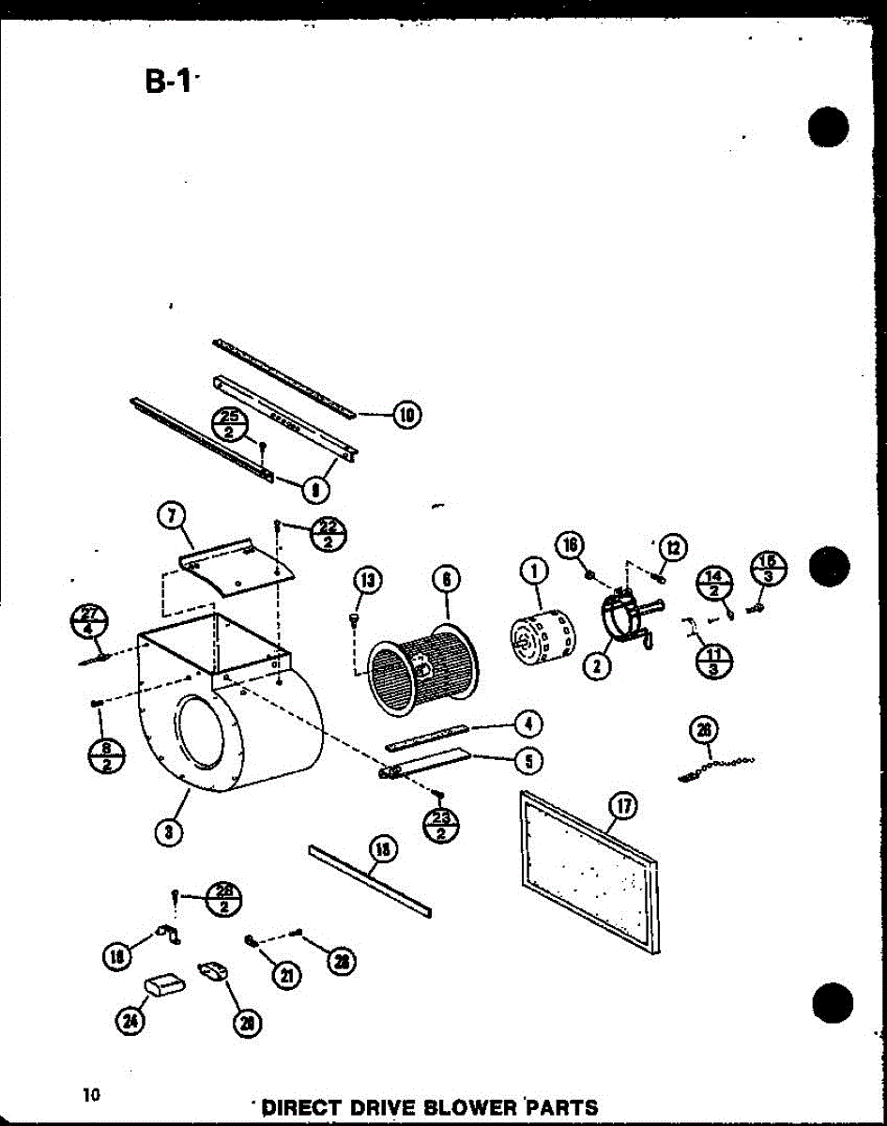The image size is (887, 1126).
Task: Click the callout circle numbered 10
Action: coord(407,414)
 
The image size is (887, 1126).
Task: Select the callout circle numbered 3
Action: coord(168,829)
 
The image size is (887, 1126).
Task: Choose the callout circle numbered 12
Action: coord(672,548)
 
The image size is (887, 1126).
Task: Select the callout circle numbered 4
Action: coord(529,723)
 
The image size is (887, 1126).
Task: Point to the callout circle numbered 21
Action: coord(282,976)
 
